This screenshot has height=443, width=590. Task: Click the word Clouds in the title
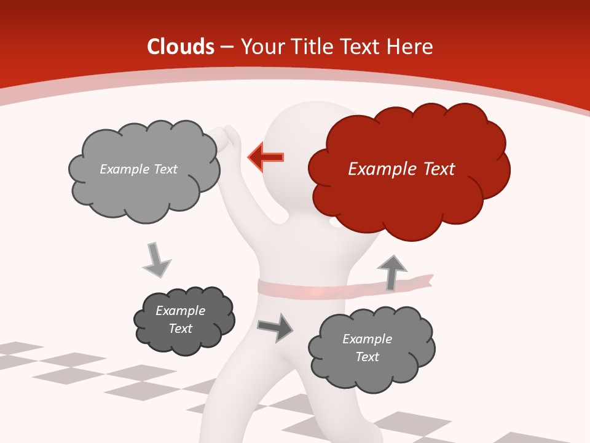pyautogui.click(x=181, y=47)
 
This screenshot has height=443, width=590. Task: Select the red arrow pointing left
pyautogui.click(x=266, y=158)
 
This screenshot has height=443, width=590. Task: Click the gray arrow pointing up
pyautogui.click(x=391, y=273)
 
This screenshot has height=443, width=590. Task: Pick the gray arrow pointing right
pyautogui.click(x=275, y=327)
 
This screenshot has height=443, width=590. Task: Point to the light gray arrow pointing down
pyautogui.click(x=156, y=260)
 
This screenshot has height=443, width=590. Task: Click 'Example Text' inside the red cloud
pyautogui.click(x=401, y=169)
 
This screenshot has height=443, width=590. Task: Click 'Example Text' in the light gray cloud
pyautogui.click(x=138, y=169)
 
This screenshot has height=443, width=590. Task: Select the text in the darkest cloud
pyautogui.click(x=180, y=320)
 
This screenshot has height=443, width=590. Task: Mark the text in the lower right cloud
pyautogui.click(x=367, y=348)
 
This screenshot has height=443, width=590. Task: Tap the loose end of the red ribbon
pyautogui.click(x=424, y=281)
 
